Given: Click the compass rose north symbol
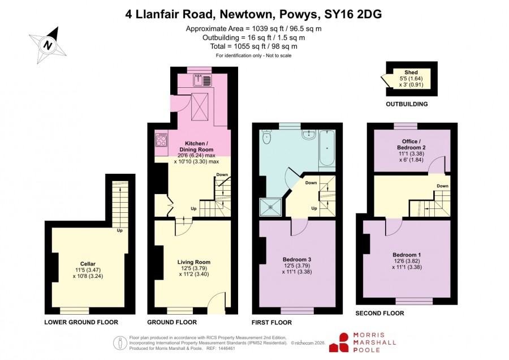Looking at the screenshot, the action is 48,45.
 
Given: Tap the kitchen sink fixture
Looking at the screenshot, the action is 202,80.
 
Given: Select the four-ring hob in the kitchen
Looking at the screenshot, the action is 161,140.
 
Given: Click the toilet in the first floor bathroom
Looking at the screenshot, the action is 267,137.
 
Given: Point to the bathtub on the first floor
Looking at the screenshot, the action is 326,148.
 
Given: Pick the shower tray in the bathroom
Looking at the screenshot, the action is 270,207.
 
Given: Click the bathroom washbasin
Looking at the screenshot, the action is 308,134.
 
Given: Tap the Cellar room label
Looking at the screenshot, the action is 88,264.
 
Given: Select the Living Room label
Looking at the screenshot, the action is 194,262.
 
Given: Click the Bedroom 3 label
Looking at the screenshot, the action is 297,259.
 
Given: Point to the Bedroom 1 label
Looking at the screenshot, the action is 407,255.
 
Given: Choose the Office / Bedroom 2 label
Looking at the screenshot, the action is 411,144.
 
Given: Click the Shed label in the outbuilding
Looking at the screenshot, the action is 411,72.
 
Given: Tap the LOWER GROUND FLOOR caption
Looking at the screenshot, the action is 81,322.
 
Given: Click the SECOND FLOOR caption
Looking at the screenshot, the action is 380,313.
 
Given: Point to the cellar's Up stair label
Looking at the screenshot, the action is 119,231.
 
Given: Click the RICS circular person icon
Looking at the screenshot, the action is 120,343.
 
